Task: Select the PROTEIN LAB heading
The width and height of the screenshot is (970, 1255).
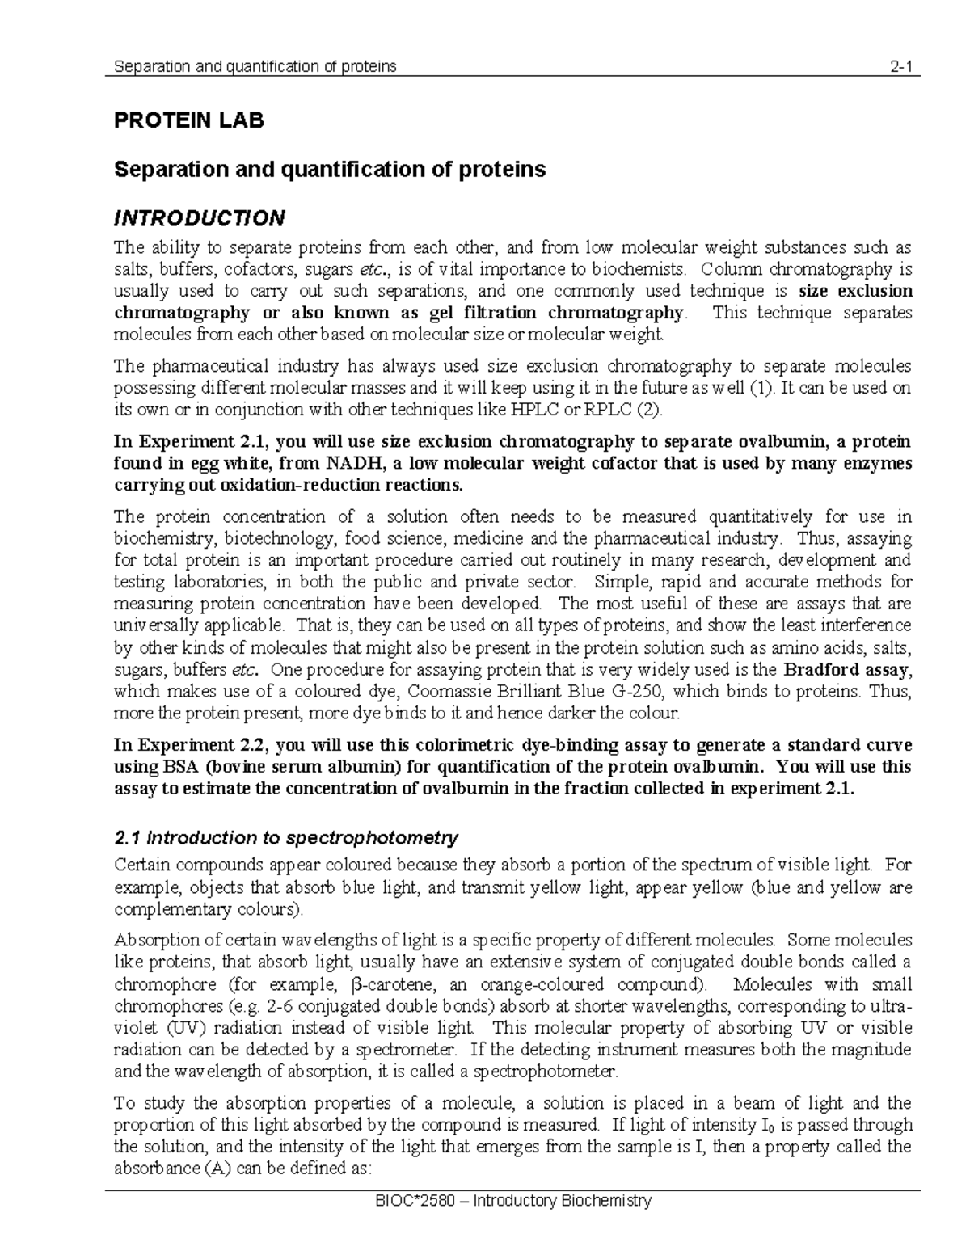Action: tap(188, 121)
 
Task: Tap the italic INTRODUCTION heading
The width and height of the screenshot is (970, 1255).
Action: tap(199, 218)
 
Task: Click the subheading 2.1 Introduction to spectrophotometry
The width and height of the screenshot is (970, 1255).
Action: tap(286, 837)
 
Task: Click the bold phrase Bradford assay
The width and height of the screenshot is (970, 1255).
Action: tap(848, 669)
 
